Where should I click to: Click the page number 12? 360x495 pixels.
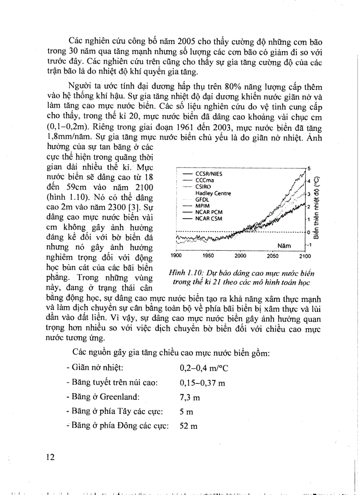point(50,457)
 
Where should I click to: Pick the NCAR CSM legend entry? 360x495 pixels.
point(208,218)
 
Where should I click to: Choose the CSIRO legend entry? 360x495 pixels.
point(202,186)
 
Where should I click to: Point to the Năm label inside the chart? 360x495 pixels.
point(285,246)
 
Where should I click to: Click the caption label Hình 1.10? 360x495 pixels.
point(181,273)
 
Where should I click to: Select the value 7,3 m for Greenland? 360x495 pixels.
point(190,398)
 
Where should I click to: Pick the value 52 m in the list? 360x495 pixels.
point(188,426)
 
